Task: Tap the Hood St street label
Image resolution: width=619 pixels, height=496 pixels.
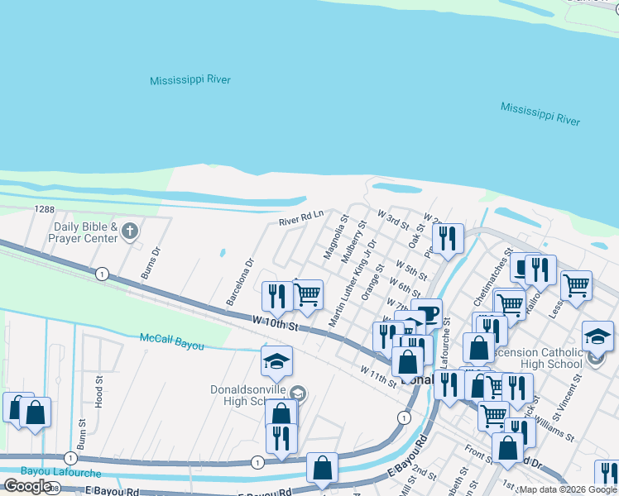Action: tap(98, 392)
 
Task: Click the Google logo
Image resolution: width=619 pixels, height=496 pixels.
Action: tap(28, 486)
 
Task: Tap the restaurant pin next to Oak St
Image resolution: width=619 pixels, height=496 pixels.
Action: tap(448, 239)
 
